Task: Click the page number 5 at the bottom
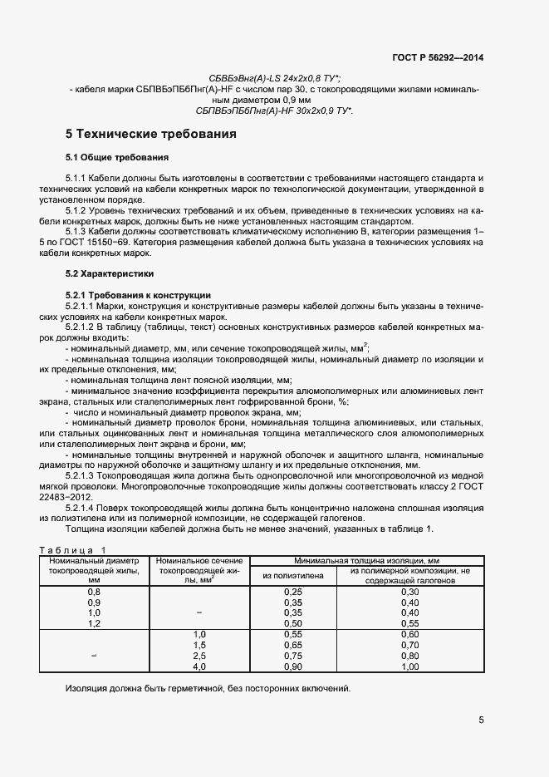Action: click(481, 720)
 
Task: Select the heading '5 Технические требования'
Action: click(151, 134)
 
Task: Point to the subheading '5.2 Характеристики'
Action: click(109, 273)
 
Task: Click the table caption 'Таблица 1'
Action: click(73, 550)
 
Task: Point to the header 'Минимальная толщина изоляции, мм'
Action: click(368, 563)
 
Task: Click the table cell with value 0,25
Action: click(293, 592)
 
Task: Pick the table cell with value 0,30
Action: click(410, 592)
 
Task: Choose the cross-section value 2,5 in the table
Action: click(199, 656)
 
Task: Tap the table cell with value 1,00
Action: click(410, 666)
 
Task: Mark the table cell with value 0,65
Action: click(293, 645)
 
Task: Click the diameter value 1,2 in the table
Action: click(94, 622)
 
